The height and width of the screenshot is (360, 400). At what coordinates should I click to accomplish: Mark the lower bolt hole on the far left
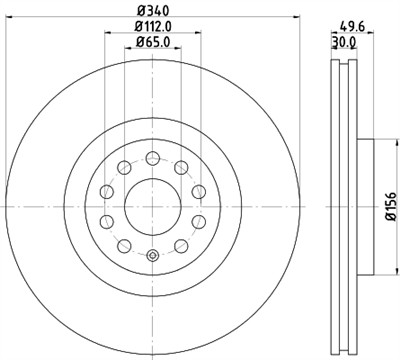(x=105, y=220)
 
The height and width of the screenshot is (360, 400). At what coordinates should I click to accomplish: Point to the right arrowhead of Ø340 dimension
(x=295, y=19)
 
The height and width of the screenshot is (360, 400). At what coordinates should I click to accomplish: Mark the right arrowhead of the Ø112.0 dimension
(x=197, y=36)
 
